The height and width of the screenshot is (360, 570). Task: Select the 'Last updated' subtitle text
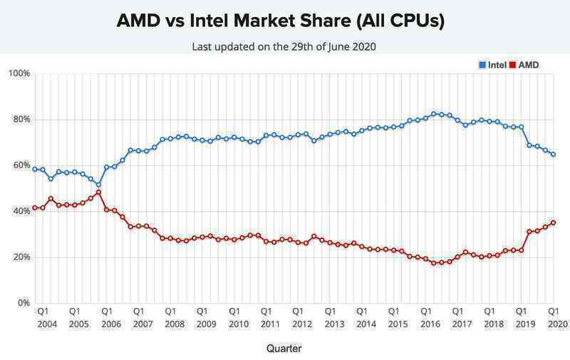point(284,46)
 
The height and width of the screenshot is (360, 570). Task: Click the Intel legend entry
point(492,65)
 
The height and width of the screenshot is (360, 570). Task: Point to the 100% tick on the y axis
point(19,73)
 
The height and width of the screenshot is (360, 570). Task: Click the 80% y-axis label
point(21,120)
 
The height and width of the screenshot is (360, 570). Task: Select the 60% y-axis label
point(21,165)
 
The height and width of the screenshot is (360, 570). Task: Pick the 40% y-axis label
point(21,212)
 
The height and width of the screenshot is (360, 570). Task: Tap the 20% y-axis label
point(21,257)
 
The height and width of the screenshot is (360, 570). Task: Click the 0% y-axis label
point(24,303)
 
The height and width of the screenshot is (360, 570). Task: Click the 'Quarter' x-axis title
point(284,349)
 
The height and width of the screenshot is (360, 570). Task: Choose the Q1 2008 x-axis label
point(170,317)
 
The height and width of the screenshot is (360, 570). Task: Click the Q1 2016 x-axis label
point(425,317)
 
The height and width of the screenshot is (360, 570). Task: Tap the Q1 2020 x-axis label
point(553,317)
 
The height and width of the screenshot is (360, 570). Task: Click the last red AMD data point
point(554,222)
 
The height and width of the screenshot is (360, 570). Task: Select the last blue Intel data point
point(554,154)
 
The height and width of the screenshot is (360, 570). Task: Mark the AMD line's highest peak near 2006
point(98,192)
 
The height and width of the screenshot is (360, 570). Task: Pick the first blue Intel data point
point(35,169)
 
